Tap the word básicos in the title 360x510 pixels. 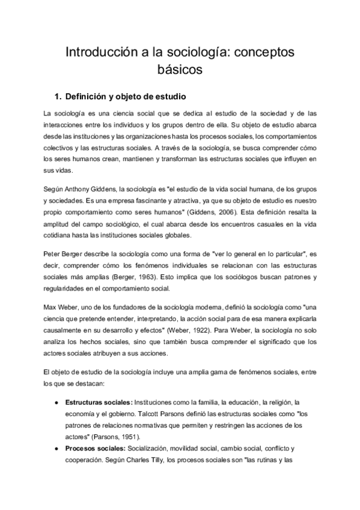pyautogui.click(x=180, y=70)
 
